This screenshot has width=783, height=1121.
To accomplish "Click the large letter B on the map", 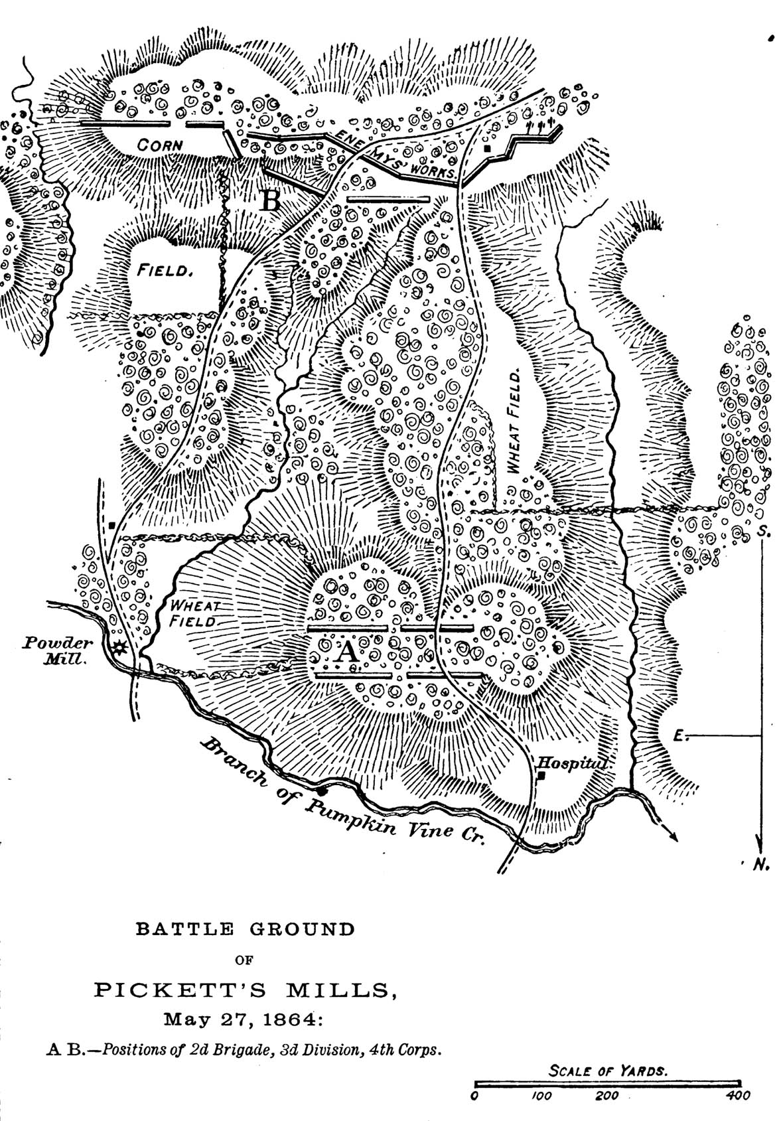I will [271, 199].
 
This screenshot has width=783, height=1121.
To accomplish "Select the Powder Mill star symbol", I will [119, 648].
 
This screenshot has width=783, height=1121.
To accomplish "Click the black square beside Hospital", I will [542, 775].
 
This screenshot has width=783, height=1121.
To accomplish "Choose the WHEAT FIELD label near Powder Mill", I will [194, 613].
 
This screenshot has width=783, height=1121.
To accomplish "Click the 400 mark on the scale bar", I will [739, 1096].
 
